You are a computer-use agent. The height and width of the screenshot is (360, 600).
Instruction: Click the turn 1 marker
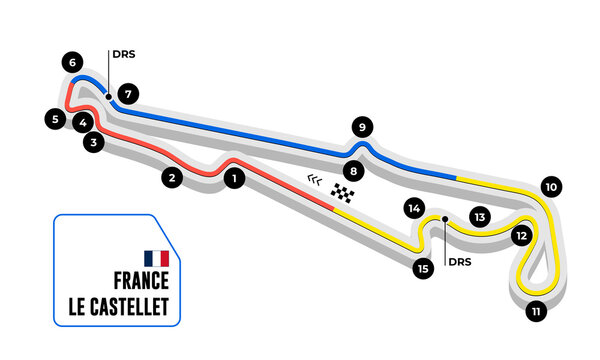233,180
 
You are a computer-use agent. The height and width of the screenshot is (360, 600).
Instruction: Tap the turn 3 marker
93,143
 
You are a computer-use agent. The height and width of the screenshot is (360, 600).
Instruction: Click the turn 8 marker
353,170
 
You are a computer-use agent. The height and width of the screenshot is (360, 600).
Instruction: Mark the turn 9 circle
362,127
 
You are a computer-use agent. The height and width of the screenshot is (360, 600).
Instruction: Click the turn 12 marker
520,237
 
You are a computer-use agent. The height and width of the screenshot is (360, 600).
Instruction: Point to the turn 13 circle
480,216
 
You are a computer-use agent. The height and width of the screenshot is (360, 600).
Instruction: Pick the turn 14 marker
414,209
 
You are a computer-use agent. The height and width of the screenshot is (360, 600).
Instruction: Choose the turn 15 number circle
424,268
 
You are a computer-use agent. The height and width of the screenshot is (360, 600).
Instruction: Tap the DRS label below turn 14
458,263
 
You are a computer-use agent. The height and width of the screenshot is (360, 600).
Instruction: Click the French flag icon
156,258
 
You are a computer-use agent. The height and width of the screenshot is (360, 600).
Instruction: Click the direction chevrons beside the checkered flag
315,180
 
